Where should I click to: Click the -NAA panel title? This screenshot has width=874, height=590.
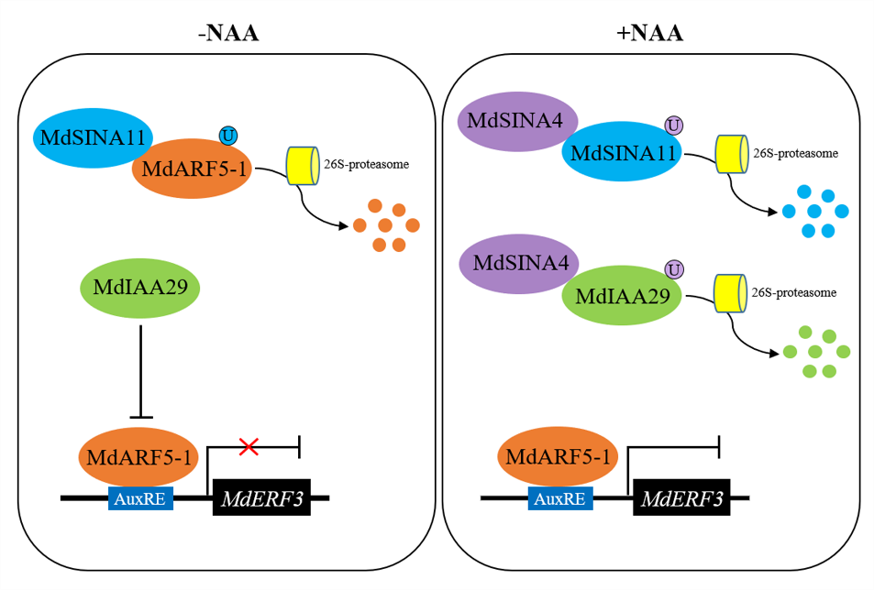point(228,35)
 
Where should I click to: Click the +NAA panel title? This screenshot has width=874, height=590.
point(650,35)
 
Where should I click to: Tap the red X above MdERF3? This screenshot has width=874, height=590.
point(248,446)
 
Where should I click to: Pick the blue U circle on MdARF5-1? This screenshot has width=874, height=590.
point(227,136)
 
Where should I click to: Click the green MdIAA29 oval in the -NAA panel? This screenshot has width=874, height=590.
point(140,287)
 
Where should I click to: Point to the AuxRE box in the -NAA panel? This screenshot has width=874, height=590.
point(140,498)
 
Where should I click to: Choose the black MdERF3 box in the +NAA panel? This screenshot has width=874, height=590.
point(681,499)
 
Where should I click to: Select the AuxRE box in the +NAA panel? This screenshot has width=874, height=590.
point(560,498)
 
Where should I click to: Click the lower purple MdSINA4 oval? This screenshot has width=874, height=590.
point(519,263)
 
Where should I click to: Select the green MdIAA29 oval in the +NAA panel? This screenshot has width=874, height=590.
point(622,296)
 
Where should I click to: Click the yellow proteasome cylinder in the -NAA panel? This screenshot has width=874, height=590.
point(301,166)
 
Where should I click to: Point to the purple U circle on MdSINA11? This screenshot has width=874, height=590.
point(673,125)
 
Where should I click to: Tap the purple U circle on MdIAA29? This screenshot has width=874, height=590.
point(674,269)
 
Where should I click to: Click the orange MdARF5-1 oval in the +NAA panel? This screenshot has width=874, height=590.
point(559,457)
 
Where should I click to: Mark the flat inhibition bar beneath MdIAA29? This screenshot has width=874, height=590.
point(140,417)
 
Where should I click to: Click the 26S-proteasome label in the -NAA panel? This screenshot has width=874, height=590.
point(366,165)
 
